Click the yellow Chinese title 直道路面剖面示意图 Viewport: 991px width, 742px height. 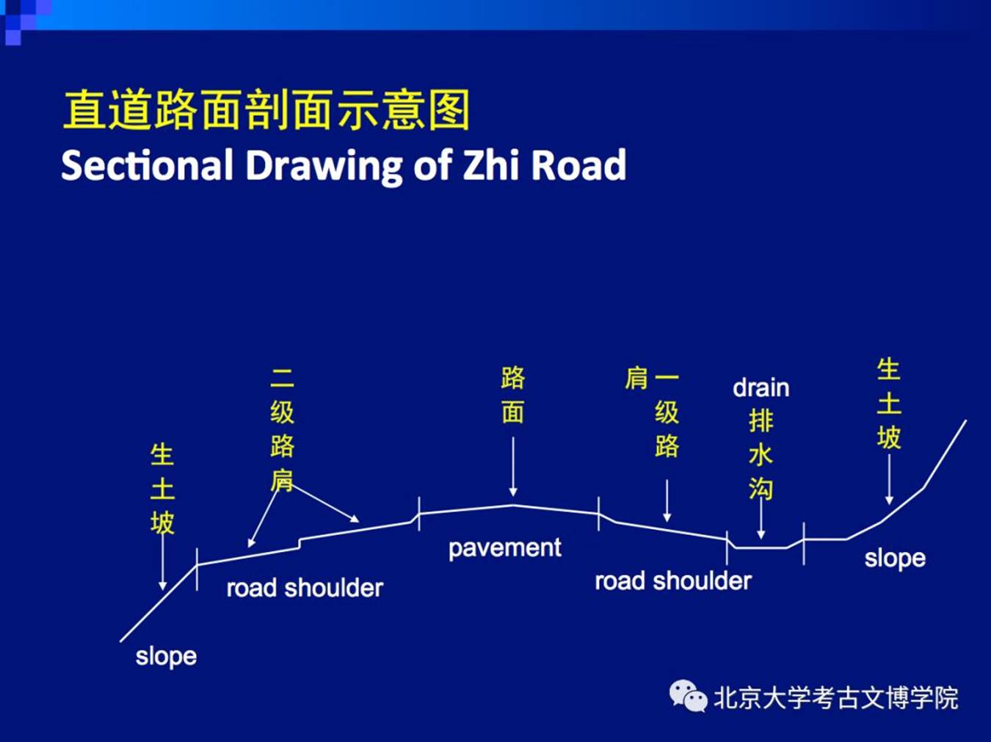coord(266,109)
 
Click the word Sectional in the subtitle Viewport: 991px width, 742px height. coord(147,165)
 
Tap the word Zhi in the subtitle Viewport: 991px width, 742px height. coord(491,165)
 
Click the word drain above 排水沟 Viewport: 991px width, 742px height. coord(761,388)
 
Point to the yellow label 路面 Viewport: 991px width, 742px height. coord(513,396)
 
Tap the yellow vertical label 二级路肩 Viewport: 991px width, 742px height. coord(282,429)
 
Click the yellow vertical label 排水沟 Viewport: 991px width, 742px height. coord(761,454)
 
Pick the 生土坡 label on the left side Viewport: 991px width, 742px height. coord(162,489)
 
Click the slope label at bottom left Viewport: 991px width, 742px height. coord(166,657)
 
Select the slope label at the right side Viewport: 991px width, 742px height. coord(895,559)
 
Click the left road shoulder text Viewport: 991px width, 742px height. coord(305,589)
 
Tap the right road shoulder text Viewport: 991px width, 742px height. coord(673,581)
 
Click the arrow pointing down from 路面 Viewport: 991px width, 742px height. coord(513,467)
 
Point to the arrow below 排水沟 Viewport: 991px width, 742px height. coord(761,520)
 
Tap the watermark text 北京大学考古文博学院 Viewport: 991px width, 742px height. coord(836,698)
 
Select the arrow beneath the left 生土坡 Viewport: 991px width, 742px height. coord(162,563)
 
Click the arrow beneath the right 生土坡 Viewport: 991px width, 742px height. coord(889,479)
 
